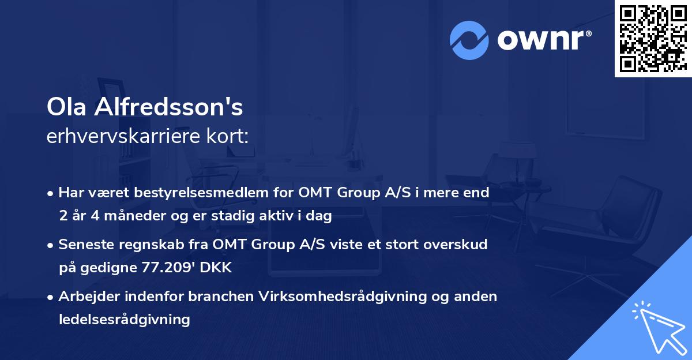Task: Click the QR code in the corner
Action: (x=652, y=38)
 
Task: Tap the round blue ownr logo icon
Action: (x=469, y=40)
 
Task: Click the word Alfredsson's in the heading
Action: (x=169, y=107)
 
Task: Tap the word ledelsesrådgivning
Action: (x=124, y=319)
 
